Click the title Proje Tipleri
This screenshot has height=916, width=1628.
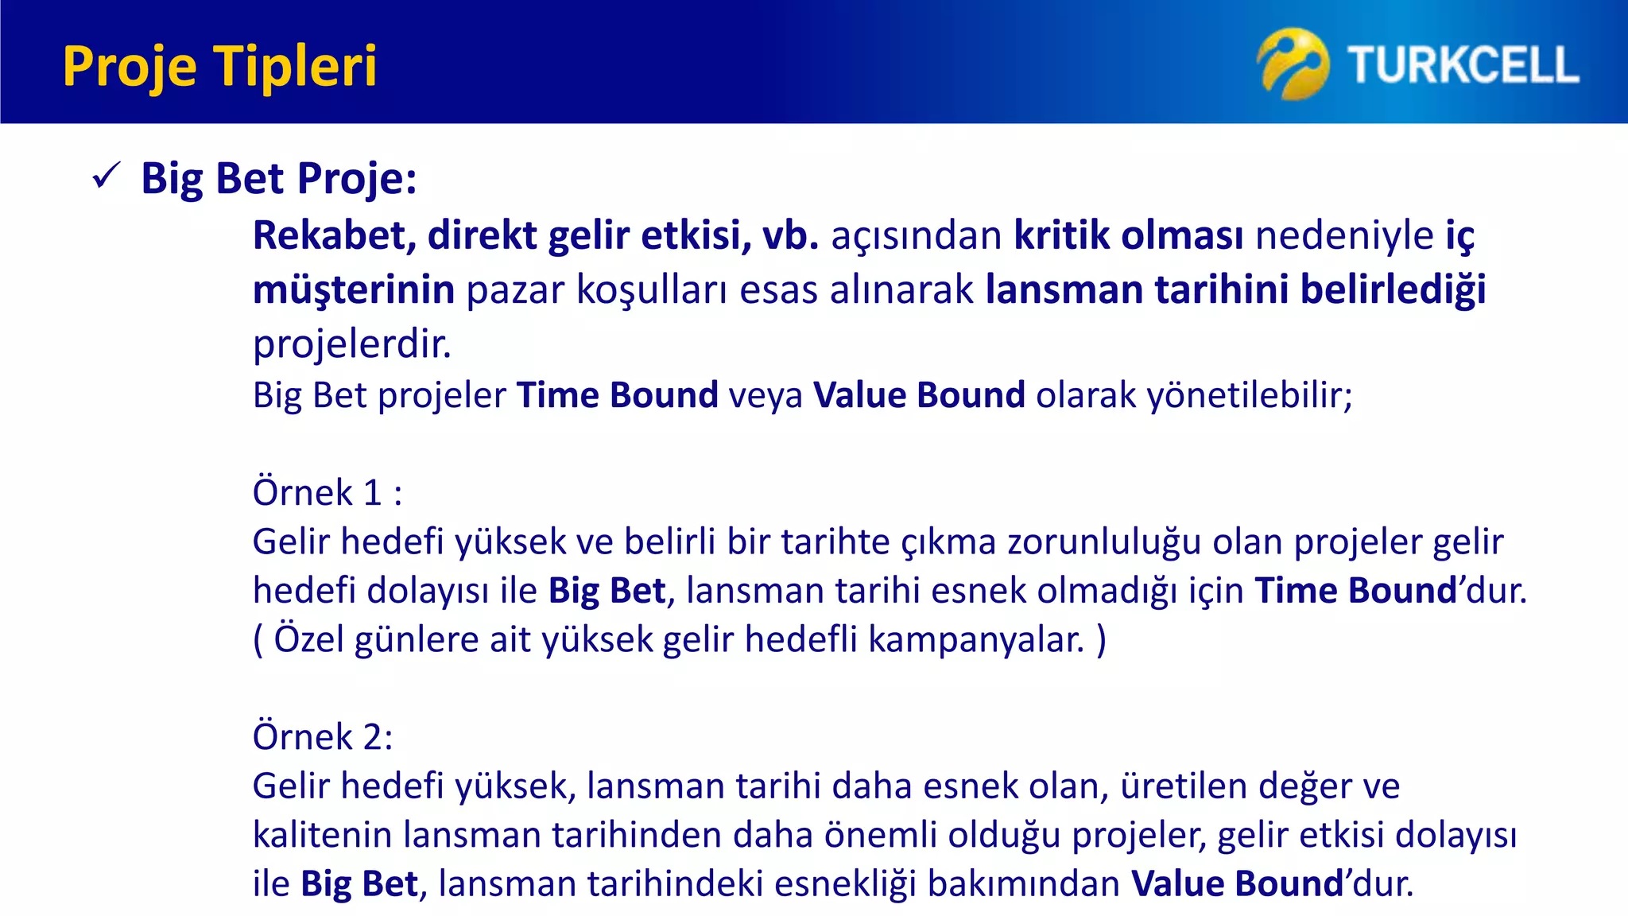219,66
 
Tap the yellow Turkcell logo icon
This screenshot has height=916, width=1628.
1293,64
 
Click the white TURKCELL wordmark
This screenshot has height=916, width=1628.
1463,65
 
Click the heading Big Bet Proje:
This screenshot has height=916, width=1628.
278,178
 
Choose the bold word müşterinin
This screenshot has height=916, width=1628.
353,289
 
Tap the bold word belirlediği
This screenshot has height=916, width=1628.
1393,289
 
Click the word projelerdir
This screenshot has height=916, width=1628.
351,344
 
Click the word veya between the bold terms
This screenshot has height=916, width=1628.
766,395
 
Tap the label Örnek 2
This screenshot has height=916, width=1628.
322,736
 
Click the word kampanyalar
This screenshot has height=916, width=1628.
976,639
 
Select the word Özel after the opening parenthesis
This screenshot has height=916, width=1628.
308,639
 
